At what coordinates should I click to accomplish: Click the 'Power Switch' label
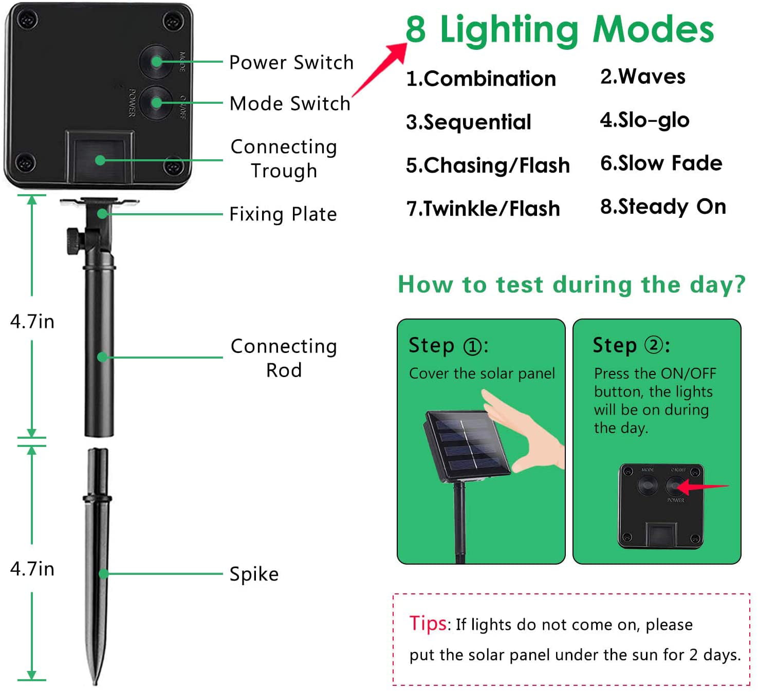click(x=291, y=62)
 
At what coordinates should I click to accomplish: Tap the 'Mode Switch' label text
click(x=290, y=103)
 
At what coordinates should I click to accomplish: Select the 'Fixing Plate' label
click(x=283, y=214)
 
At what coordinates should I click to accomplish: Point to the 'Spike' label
click(x=254, y=574)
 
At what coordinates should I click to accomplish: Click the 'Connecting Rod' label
click(x=284, y=358)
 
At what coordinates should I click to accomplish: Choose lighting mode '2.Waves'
click(x=642, y=77)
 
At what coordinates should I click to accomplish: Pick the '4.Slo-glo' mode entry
click(x=644, y=120)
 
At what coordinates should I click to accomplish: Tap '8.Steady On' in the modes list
click(x=663, y=207)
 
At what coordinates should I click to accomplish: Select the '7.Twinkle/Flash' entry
click(x=483, y=209)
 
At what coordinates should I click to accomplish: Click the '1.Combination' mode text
click(x=481, y=79)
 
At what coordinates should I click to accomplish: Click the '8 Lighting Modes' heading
click(x=560, y=29)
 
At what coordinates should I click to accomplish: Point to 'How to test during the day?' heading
click(x=571, y=284)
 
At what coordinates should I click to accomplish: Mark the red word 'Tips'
click(x=428, y=623)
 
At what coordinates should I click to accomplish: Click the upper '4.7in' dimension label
click(x=32, y=322)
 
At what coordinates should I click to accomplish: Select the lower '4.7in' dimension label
click(x=32, y=569)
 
